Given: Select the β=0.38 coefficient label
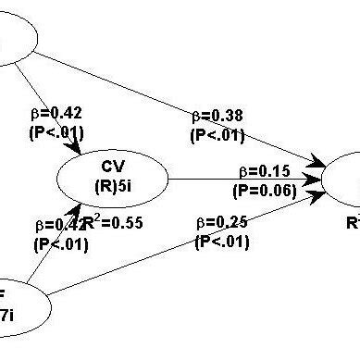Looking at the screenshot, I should tap(217, 118).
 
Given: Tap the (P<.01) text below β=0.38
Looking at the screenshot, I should tap(217, 135).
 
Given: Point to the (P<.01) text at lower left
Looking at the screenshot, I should tap(60, 244).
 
